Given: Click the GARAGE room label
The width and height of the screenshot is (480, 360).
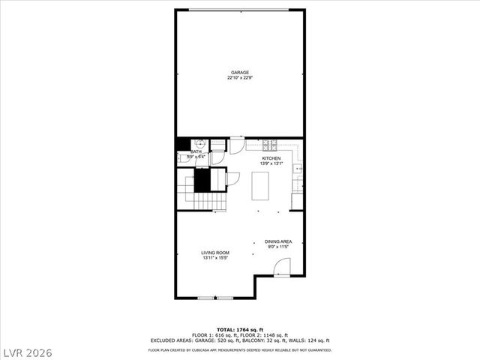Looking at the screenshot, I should click(240, 73).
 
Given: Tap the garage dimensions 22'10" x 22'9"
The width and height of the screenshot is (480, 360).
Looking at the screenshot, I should click(240, 78).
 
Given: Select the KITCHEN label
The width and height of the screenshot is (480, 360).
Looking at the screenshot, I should click(271, 158).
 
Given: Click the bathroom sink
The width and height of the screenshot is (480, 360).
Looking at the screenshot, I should click(201, 145).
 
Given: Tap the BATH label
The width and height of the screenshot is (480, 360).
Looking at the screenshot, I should click(196, 152).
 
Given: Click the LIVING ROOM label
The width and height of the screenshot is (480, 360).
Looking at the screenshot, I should click(215, 253).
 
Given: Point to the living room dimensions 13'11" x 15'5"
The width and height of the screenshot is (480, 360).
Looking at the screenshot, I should click(215, 258).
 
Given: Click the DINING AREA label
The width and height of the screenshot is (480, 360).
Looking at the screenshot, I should click(278, 241).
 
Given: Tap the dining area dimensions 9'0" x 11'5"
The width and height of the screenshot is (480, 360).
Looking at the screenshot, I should click(278, 247).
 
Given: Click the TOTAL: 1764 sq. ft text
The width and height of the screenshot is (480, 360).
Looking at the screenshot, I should click(240, 329).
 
